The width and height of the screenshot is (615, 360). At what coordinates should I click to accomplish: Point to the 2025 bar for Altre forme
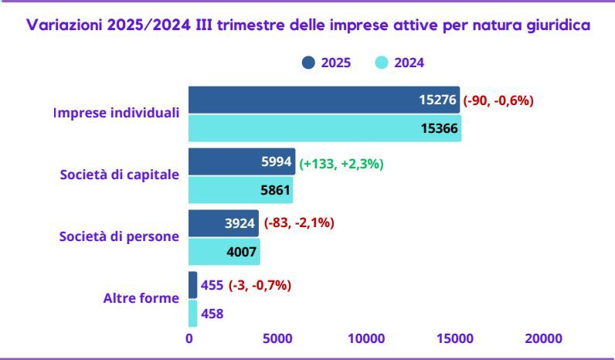coord(193,285)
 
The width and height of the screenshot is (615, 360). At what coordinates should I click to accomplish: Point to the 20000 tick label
coord(543,338)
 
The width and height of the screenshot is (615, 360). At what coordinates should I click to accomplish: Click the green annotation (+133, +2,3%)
coord(341,163)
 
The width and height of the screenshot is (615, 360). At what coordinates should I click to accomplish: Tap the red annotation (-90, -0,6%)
coord(498,100)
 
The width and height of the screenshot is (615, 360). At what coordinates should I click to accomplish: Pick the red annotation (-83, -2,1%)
coord(299,223)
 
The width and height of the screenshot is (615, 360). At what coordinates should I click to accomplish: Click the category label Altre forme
coord(141,297)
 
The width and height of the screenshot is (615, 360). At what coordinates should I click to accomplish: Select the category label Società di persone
coord(119,236)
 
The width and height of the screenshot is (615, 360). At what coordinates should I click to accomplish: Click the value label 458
coord(212,314)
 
